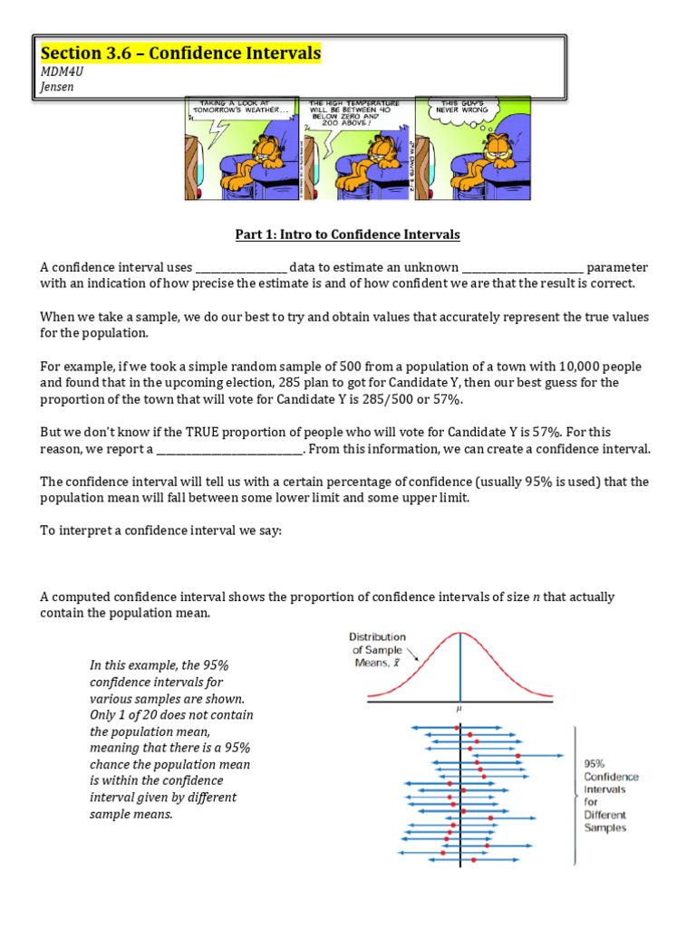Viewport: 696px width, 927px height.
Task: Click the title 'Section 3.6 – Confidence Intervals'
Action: [x=180, y=54]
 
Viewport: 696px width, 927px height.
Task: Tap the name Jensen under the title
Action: [x=57, y=87]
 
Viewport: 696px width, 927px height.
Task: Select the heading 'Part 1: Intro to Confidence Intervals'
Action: [x=348, y=234]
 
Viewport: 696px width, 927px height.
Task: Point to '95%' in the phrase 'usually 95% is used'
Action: [x=506, y=483]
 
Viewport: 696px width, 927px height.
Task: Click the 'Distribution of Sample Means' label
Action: [x=379, y=650]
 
